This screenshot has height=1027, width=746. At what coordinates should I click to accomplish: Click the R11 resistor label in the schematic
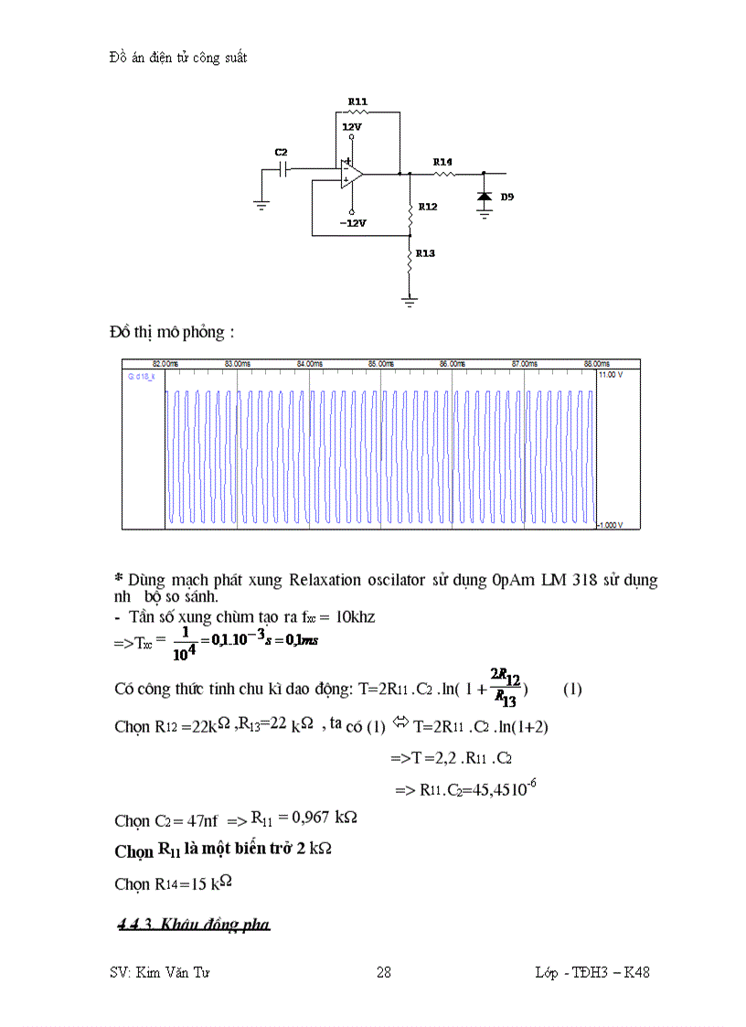coord(357,102)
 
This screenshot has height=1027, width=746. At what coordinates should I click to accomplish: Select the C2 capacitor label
coord(281,152)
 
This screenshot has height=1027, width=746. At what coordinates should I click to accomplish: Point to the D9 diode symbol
coord(485,198)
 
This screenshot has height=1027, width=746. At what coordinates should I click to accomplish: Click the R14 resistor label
coord(442,162)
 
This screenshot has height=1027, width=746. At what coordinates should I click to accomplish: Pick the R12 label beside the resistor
coord(428,207)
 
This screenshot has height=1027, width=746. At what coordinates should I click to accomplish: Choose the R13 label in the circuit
coord(424,253)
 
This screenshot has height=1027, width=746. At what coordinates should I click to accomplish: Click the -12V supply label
coord(353,223)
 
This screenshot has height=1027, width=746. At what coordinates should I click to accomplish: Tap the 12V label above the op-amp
coord(352,127)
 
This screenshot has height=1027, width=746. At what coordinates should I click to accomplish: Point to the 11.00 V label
coord(610,375)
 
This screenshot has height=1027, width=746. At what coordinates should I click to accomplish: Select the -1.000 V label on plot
coord(610,525)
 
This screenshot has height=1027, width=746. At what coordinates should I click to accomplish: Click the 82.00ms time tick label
coord(165,364)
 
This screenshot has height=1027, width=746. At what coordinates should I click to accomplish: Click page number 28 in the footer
coord(384,973)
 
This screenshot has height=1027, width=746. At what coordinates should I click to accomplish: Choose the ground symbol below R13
coord(410,298)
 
